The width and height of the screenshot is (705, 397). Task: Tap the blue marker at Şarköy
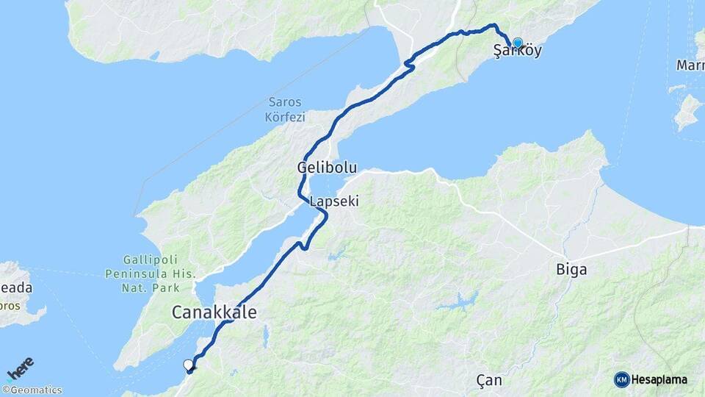(x=518, y=43)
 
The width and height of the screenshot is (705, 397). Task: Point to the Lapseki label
(x=334, y=201)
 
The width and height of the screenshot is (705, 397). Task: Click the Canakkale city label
(x=214, y=312)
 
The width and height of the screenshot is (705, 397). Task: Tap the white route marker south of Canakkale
(x=188, y=364)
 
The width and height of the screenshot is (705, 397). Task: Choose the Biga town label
(x=571, y=270)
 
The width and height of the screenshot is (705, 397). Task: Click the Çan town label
(x=488, y=380)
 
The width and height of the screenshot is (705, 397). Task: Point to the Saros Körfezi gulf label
(x=286, y=109)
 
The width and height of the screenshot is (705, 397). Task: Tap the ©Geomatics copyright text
(x=32, y=390)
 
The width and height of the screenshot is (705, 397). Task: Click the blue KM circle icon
(x=622, y=379)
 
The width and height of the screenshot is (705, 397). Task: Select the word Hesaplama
(x=659, y=380)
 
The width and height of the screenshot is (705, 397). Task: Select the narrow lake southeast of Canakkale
(x=265, y=337)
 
